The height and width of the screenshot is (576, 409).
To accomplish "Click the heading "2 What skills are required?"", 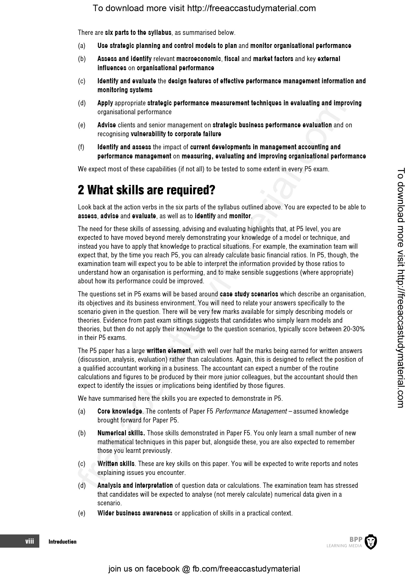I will pos(146,190).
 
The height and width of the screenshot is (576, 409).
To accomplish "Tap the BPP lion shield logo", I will pos(371,542).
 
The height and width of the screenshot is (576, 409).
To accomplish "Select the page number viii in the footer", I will pos(29,541).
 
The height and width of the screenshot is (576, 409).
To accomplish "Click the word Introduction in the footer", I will pos(63,542).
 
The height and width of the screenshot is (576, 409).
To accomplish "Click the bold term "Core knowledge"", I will pos(120,411).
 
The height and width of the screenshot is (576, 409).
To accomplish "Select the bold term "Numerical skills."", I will pos(121,433).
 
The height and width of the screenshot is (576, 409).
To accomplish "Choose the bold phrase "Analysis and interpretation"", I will pos(135,485).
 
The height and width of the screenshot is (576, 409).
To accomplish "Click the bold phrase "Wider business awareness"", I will pos(135,513).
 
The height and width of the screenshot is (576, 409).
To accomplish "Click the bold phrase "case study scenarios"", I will pos(249,294).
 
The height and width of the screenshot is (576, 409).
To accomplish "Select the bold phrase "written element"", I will pos(168,351).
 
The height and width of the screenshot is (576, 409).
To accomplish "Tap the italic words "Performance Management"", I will pos(251,411).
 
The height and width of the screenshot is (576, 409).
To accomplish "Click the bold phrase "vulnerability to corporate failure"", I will pos(176,134).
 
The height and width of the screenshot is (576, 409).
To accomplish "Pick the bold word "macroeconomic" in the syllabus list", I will pos(199,59).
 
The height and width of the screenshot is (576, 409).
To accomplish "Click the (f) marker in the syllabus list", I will pos(81,147).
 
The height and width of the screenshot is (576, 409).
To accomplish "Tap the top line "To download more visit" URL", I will pos(204,8).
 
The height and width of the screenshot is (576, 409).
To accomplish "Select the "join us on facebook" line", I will pos(204,569).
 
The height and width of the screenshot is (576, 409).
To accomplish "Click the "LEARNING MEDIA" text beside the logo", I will pos(344,546).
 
